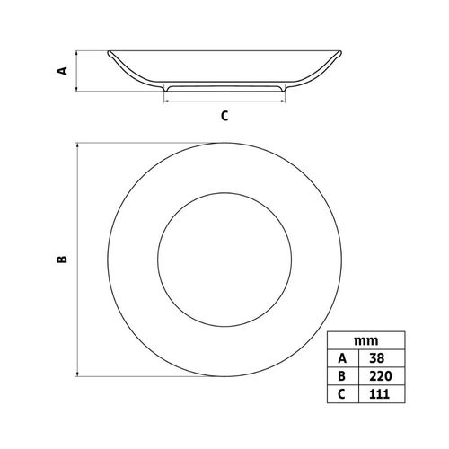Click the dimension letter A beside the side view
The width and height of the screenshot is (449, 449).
click(63, 71)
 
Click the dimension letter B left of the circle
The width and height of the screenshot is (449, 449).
click(62, 260)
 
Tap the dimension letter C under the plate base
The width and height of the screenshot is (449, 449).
click(224, 116)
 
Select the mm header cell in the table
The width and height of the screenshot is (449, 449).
click(366, 340)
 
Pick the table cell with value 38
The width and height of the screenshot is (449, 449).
click(382, 358)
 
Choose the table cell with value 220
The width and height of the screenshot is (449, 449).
click(382, 375)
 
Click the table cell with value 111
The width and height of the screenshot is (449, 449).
click(382, 393)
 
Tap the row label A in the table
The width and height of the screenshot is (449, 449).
click(343, 358)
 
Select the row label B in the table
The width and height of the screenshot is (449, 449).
click(343, 375)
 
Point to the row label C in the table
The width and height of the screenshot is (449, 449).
click(343, 393)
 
